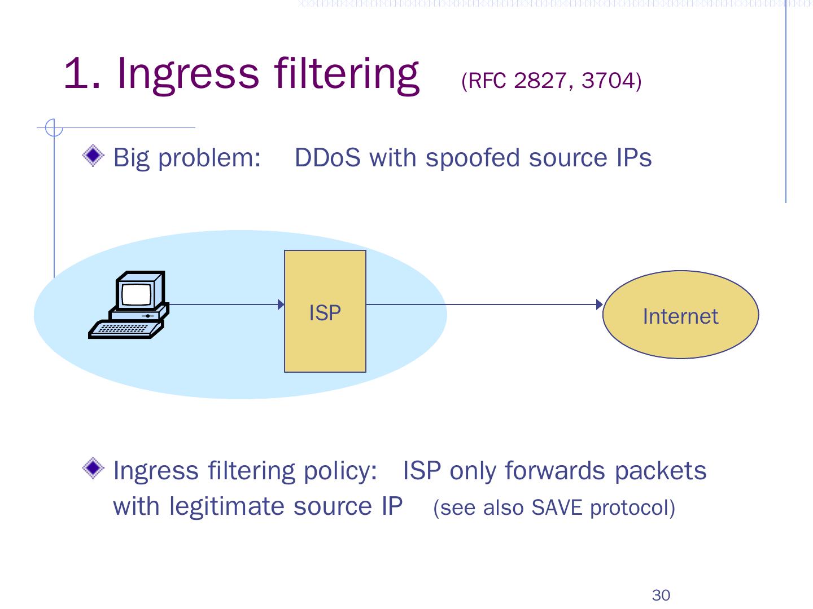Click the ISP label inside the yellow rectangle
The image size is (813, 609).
point(325,313)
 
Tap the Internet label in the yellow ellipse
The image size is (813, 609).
point(680,316)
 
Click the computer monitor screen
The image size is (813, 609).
point(136,294)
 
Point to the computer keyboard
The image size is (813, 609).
point(126,329)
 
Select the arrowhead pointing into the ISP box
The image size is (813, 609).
point(281,304)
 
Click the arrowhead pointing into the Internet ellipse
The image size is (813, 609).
point(600,304)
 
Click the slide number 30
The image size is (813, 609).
point(661,595)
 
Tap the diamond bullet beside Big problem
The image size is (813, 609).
point(93,156)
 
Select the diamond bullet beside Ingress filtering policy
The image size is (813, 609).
point(93,468)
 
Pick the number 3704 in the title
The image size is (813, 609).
point(608,81)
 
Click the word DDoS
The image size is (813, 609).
point(327,158)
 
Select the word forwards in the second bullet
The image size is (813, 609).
point(555,471)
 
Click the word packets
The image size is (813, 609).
point(661,471)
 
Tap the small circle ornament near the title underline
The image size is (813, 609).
point(54,128)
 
